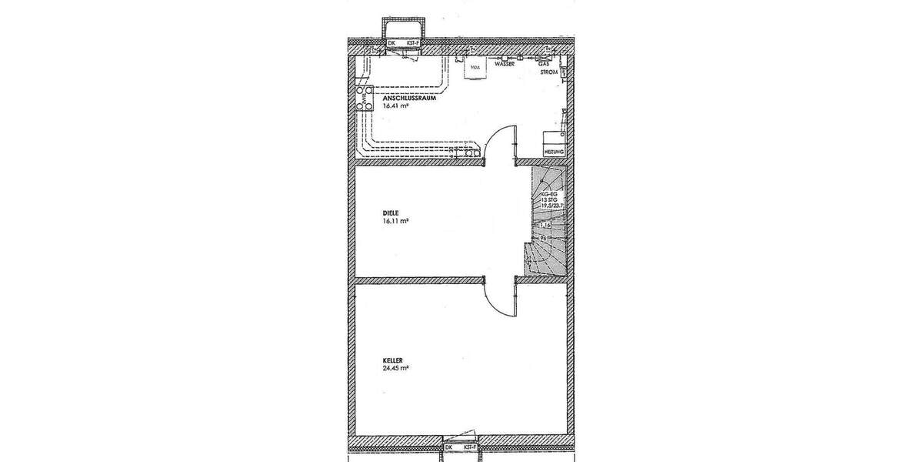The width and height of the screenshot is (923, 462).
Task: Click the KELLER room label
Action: pos(393,359)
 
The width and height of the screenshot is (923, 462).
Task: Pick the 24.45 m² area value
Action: pos(395,367)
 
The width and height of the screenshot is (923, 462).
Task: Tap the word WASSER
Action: pos(504,66)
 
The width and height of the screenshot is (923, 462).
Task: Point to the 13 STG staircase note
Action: pos(548,199)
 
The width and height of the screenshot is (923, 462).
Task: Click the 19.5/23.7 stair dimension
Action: pos(552,206)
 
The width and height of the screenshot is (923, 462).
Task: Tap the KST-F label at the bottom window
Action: pos(470,447)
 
